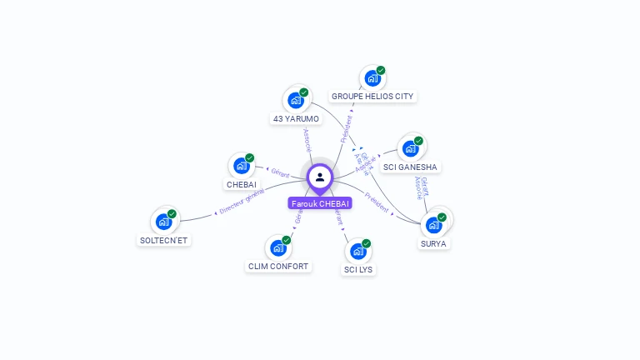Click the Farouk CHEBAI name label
pyautogui.click(x=320, y=203)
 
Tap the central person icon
pyautogui.click(x=320, y=177)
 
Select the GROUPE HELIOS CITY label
pyautogui.click(x=372, y=96)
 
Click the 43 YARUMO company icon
pyautogui.click(x=295, y=100)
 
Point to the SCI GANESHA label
pyautogui.click(x=409, y=167)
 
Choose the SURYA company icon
pyautogui.click(x=433, y=224)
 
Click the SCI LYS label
pyautogui.click(x=358, y=269)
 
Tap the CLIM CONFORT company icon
pyautogui.click(x=277, y=247)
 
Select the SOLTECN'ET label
pyautogui.click(x=164, y=240)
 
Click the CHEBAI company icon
pyautogui.click(x=241, y=165)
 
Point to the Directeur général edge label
pyautogui.click(x=242, y=201)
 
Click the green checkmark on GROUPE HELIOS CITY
pyautogui.click(x=381, y=71)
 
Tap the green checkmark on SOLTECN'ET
pyautogui.click(x=172, y=214)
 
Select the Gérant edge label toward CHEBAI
pyautogui.click(x=279, y=173)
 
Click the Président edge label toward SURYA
pyautogui.click(x=378, y=204)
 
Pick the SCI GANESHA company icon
pyautogui.click(x=409, y=148)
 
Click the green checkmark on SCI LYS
pyautogui.click(x=366, y=243)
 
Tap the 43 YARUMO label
pyautogui.click(x=296, y=119)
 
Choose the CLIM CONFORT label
pyautogui.click(x=278, y=267)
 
